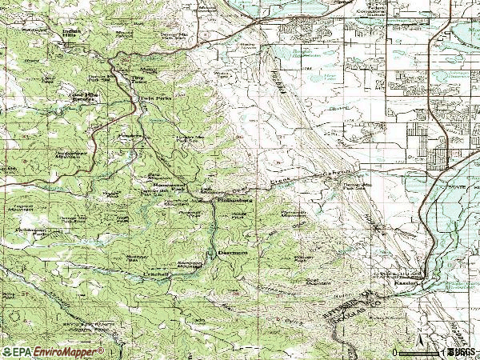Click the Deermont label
click(233, 252)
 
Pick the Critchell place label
click(157, 274)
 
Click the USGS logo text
click(463, 352)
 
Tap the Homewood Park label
click(167, 186)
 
